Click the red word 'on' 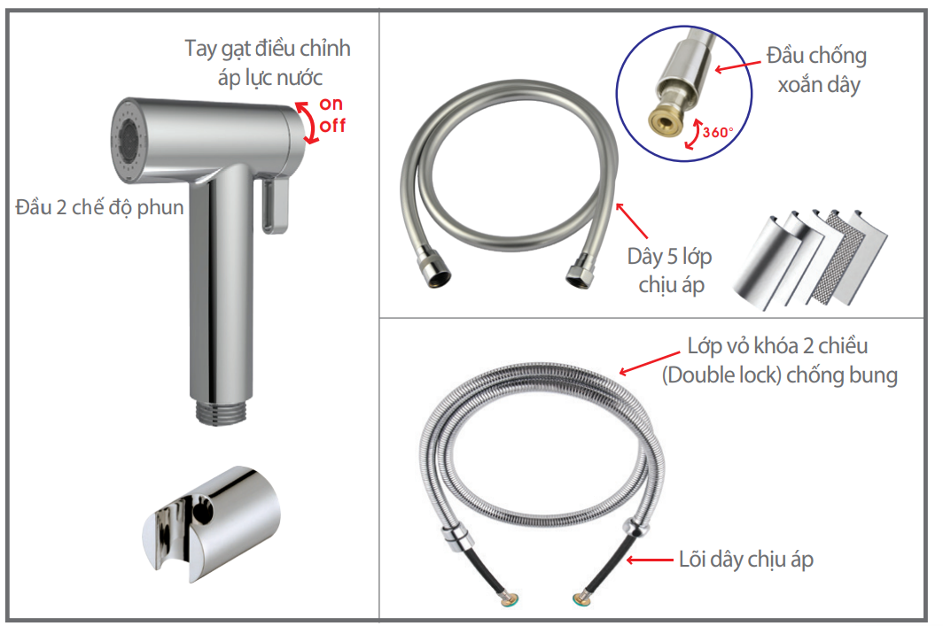pos(331,104)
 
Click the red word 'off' pos(332,125)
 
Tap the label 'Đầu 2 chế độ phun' pos(99,208)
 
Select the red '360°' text pos(717,133)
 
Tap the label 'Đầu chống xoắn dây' pos(816,71)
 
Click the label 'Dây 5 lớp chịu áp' pos(669,271)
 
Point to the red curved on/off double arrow pos(308,123)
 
